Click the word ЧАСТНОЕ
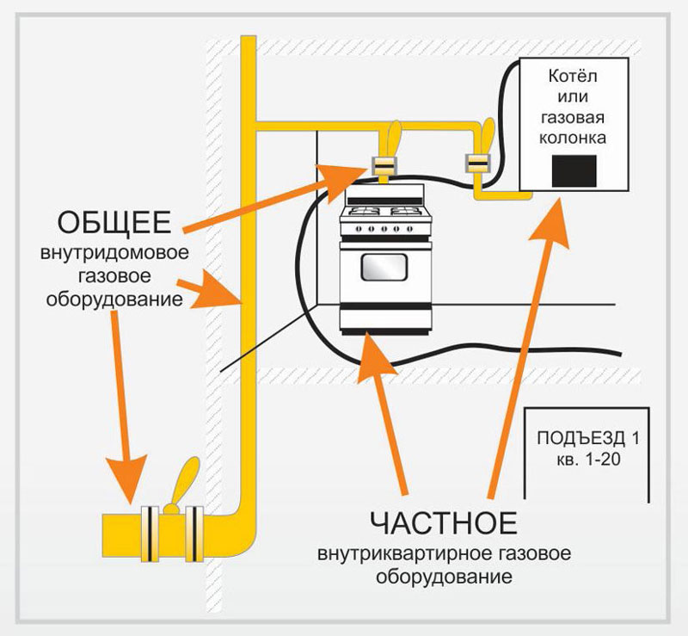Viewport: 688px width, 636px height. [444, 522]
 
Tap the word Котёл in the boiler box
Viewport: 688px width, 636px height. [572, 77]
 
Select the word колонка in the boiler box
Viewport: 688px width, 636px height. [572, 137]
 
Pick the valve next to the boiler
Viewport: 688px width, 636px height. [476, 160]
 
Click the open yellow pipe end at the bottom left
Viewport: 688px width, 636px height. [107, 528]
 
